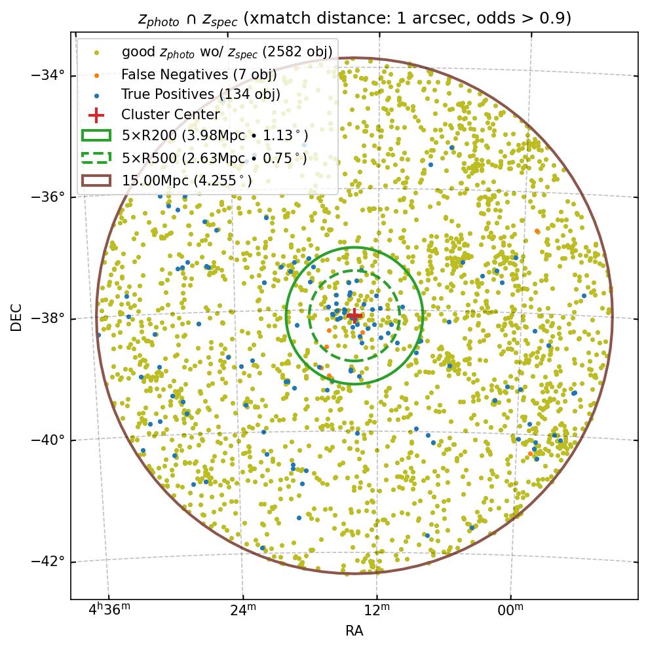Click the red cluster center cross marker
pos(354,316)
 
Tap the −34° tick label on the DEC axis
pos(48,75)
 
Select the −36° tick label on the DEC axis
pos(48,197)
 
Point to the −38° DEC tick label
pos(48,318)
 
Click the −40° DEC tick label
pos(48,440)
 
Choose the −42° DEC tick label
pos(48,562)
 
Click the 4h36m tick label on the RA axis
pos(109,611)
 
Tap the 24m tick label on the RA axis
pos(242,611)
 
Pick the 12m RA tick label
pos(377,611)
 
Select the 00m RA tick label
pos(510,611)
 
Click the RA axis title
pos(354,632)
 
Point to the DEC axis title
pos(16,316)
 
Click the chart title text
pos(354,18)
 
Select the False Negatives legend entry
pos(199,75)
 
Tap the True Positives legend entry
pos(200,95)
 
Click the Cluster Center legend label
pos(170,115)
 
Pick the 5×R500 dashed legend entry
pos(214,158)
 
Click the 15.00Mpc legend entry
pos(187,180)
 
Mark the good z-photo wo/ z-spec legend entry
pos(227,51)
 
